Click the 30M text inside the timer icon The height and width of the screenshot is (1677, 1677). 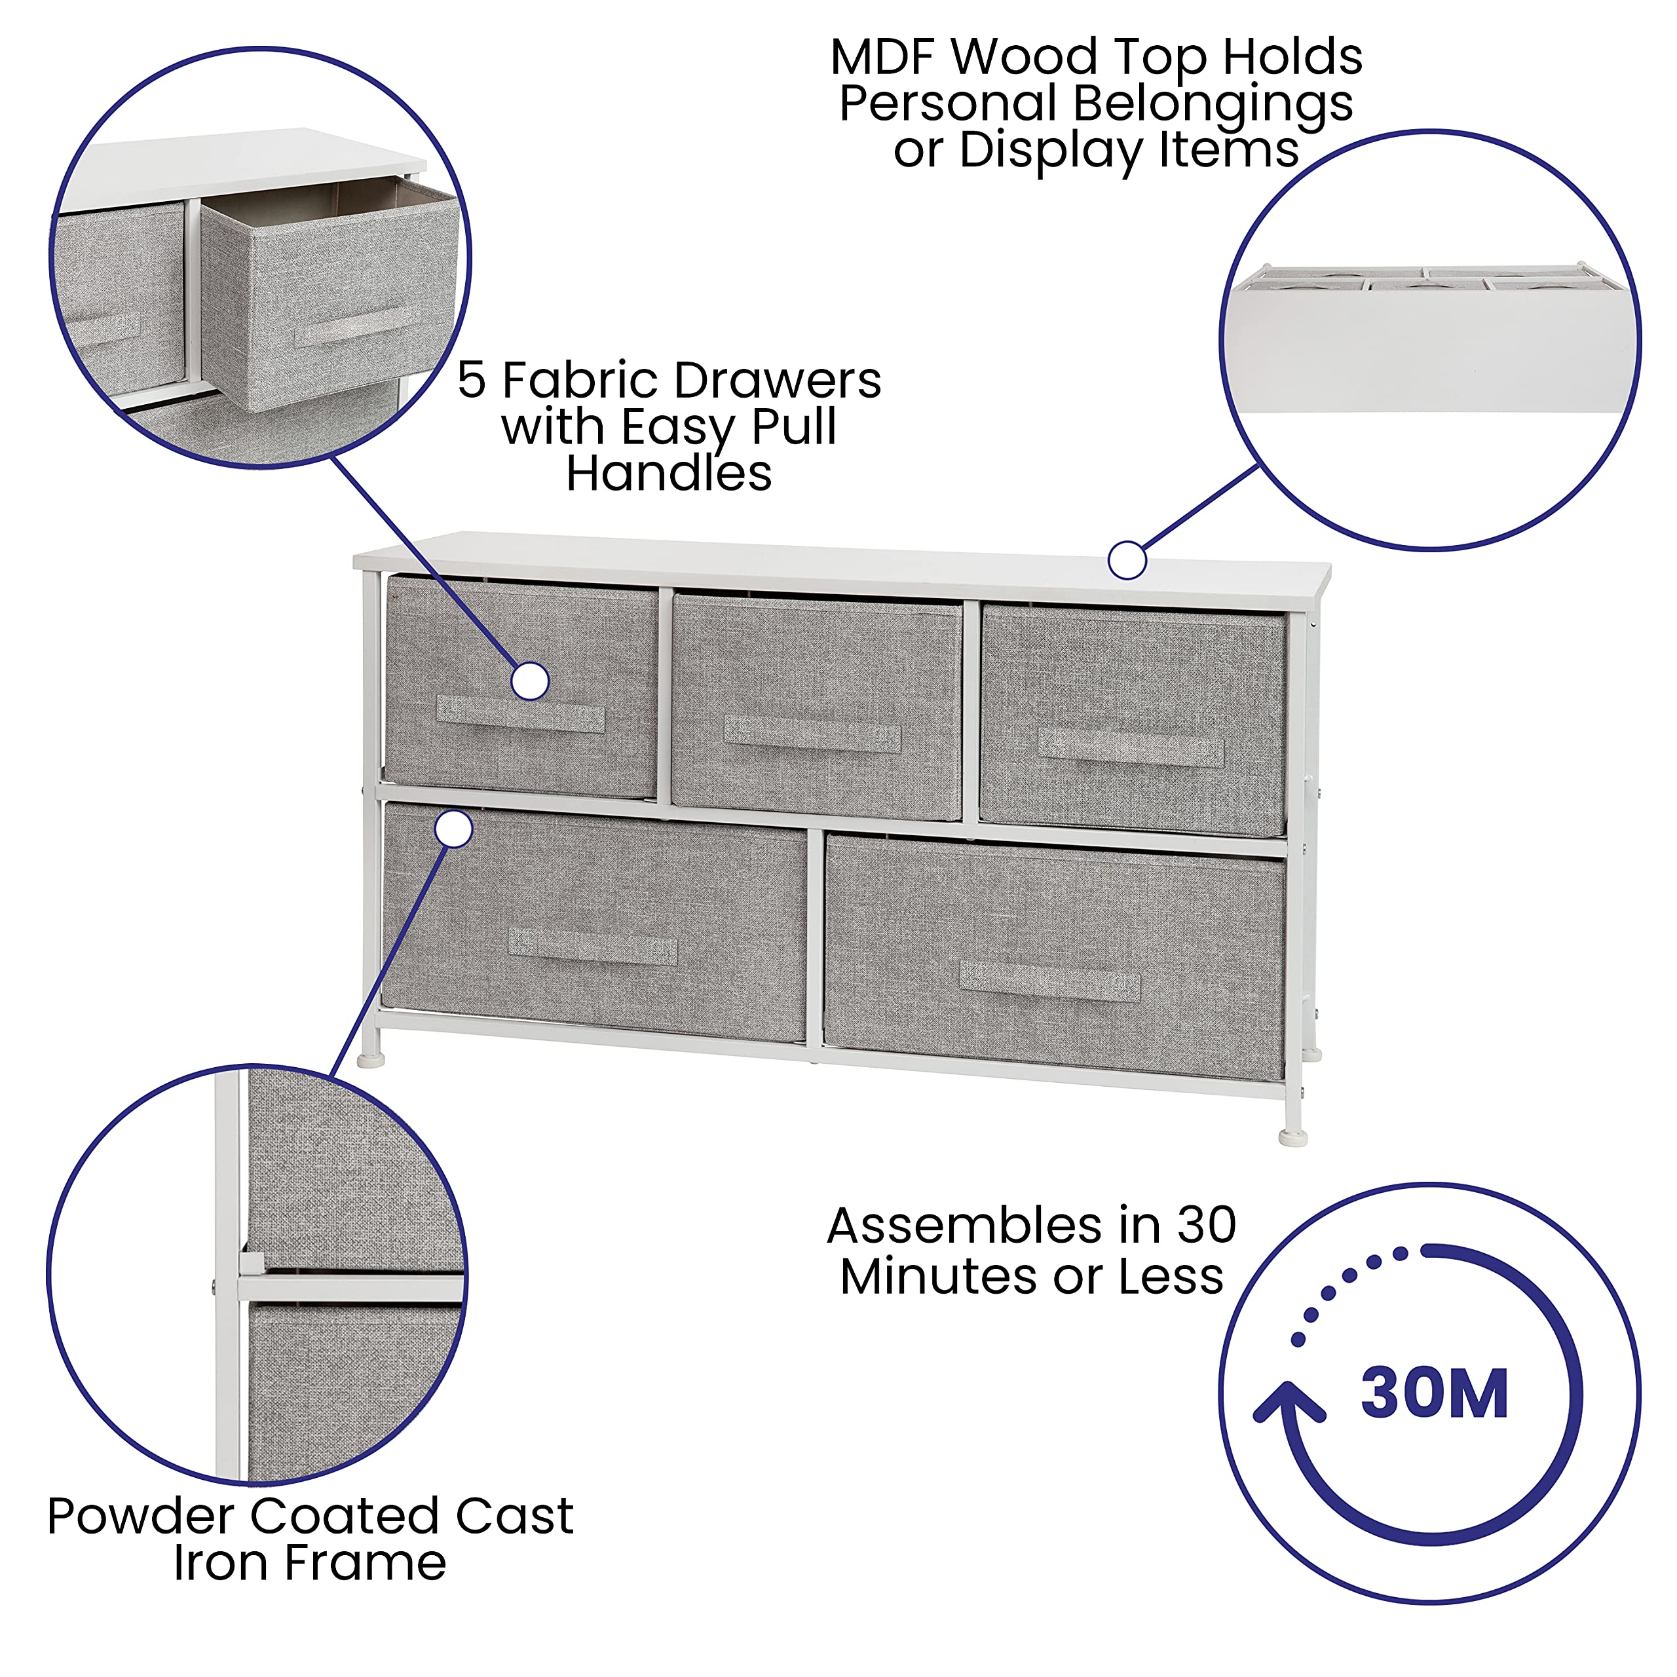[x=1434, y=1395]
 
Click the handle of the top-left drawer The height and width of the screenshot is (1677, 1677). [x=521, y=715]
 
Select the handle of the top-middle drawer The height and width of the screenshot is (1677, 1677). [x=812, y=734]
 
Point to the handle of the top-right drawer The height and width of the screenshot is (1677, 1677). [x=1131, y=747]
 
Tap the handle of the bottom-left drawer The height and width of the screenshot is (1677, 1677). [x=593, y=946]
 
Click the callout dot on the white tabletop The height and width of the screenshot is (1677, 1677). [x=1127, y=561]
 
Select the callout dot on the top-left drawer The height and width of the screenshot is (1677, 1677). [x=529, y=681]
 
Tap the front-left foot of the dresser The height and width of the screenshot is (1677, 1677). [x=371, y=1059]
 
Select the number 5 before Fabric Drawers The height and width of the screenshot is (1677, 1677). [x=472, y=380]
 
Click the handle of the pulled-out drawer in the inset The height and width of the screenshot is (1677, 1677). [x=356, y=326]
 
